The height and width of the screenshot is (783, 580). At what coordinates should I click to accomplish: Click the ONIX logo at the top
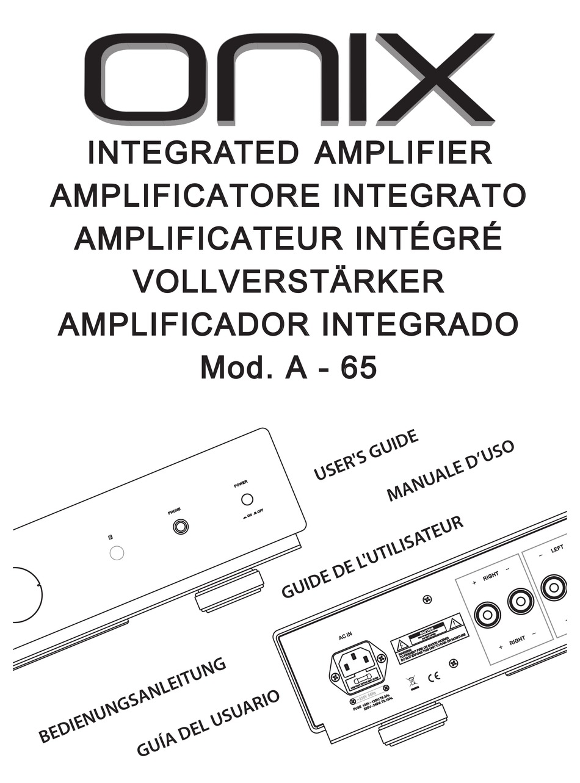tap(289, 79)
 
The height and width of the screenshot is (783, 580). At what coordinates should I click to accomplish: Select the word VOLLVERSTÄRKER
tap(289, 281)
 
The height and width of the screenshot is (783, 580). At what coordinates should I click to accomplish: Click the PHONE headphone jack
tap(180, 526)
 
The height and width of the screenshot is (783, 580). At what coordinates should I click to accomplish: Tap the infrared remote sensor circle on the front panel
tap(116, 553)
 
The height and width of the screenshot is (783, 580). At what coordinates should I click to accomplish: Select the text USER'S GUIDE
tap(366, 455)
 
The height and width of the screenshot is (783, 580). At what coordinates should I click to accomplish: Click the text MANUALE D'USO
tap(451, 471)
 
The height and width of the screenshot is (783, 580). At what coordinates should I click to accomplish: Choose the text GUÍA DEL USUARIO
tap(208, 724)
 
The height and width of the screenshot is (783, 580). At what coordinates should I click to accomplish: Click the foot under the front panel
tap(230, 591)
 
